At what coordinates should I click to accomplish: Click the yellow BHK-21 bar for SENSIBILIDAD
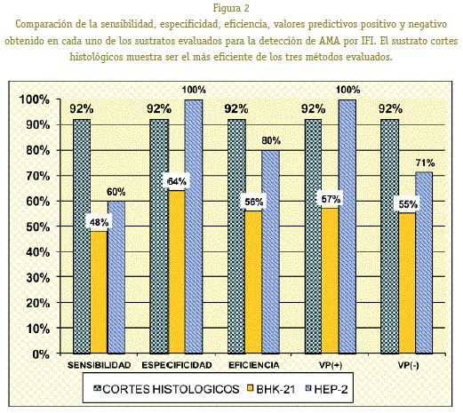[99, 292]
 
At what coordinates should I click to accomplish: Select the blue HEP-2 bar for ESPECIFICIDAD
[194, 226]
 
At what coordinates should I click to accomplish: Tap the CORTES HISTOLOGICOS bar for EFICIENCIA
[236, 236]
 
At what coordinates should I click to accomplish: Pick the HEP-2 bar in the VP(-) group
[424, 263]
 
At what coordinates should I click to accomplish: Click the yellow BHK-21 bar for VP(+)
[331, 281]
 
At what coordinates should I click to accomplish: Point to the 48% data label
[99, 222]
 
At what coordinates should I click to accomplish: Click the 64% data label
[177, 181]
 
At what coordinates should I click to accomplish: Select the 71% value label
[425, 163]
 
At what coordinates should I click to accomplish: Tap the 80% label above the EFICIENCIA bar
[271, 140]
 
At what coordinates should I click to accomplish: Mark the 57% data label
[331, 199]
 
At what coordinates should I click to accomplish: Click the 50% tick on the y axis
[38, 227]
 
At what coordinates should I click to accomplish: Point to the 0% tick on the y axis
[41, 354]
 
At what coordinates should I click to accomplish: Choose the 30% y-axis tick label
[38, 278]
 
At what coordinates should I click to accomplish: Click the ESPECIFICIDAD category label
[177, 365]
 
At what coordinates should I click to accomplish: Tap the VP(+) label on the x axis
[331, 365]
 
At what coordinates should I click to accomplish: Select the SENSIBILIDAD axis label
[99, 365]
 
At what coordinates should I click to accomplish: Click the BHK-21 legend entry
[272, 389]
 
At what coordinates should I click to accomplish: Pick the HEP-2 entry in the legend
[326, 389]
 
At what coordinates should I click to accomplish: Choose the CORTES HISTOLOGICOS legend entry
[166, 389]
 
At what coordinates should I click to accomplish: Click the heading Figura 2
[231, 8]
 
